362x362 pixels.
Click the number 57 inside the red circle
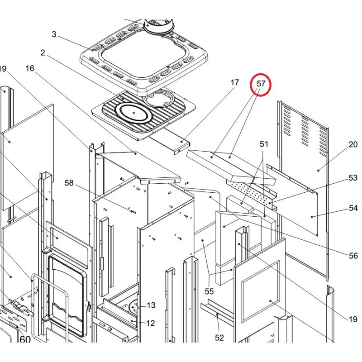pos(261,84)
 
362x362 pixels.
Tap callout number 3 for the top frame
pos(54,34)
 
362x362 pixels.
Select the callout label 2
pos(43,53)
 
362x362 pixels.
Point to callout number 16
pos(30,68)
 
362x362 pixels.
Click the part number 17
pos(234,82)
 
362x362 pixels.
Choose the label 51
pos(264,144)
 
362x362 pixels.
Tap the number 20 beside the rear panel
pos(353,145)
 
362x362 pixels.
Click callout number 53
pos(353,178)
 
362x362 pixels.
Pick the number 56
pos(353,256)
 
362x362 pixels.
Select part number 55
pos(209,291)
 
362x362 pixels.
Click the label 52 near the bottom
pos(219,338)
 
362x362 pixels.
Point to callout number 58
pos(69,183)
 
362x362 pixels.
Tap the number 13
pos(151,305)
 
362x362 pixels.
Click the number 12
pos(151,323)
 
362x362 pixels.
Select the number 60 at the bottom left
pos(25,339)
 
